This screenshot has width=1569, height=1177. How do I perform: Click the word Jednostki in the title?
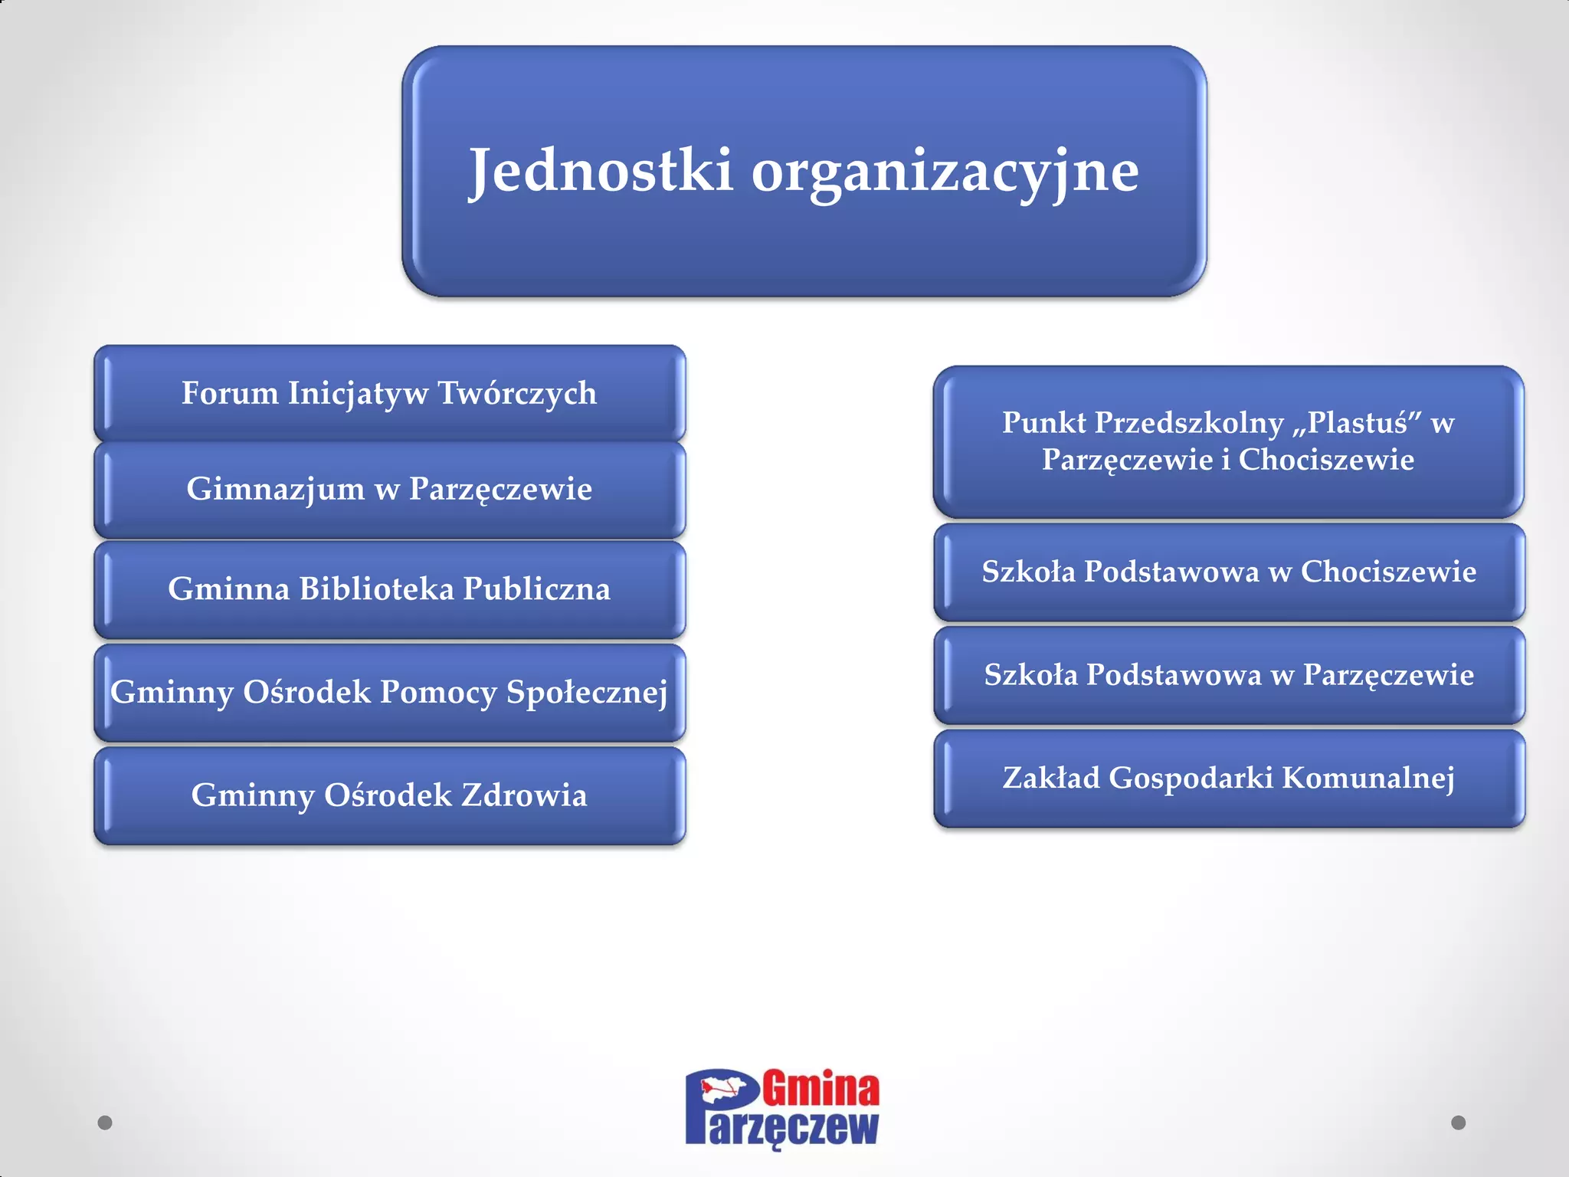pyautogui.click(x=601, y=170)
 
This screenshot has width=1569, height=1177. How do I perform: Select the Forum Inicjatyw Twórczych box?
pyautogui.click(x=389, y=393)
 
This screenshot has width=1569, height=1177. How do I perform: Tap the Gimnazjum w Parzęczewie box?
pyautogui.click(x=389, y=489)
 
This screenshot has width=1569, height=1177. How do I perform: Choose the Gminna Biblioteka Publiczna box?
pyautogui.click(x=389, y=588)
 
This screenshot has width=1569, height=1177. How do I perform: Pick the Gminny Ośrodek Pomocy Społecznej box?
pyautogui.click(x=389, y=692)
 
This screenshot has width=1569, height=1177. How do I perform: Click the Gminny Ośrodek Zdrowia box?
pyautogui.click(x=389, y=795)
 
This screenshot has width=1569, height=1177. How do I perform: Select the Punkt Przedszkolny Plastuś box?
pyautogui.click(x=1228, y=441)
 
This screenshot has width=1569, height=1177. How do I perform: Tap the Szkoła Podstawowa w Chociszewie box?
pyautogui.click(x=1229, y=572)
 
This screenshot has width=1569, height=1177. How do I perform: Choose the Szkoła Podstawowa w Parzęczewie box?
pyautogui.click(x=1229, y=675)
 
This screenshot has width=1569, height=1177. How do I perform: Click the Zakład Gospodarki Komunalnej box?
pyautogui.click(x=1229, y=778)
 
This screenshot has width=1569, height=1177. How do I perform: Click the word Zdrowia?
pyautogui.click(x=524, y=795)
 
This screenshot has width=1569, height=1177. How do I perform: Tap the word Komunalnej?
pyautogui.click(x=1368, y=778)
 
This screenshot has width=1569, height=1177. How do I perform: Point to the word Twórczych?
pyautogui.click(x=517, y=393)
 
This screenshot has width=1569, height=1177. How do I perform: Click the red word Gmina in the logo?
pyautogui.click(x=821, y=1089)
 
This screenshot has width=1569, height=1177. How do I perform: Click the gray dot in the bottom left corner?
pyautogui.click(x=105, y=1123)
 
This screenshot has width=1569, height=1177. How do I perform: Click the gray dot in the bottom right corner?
pyautogui.click(x=1459, y=1123)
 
